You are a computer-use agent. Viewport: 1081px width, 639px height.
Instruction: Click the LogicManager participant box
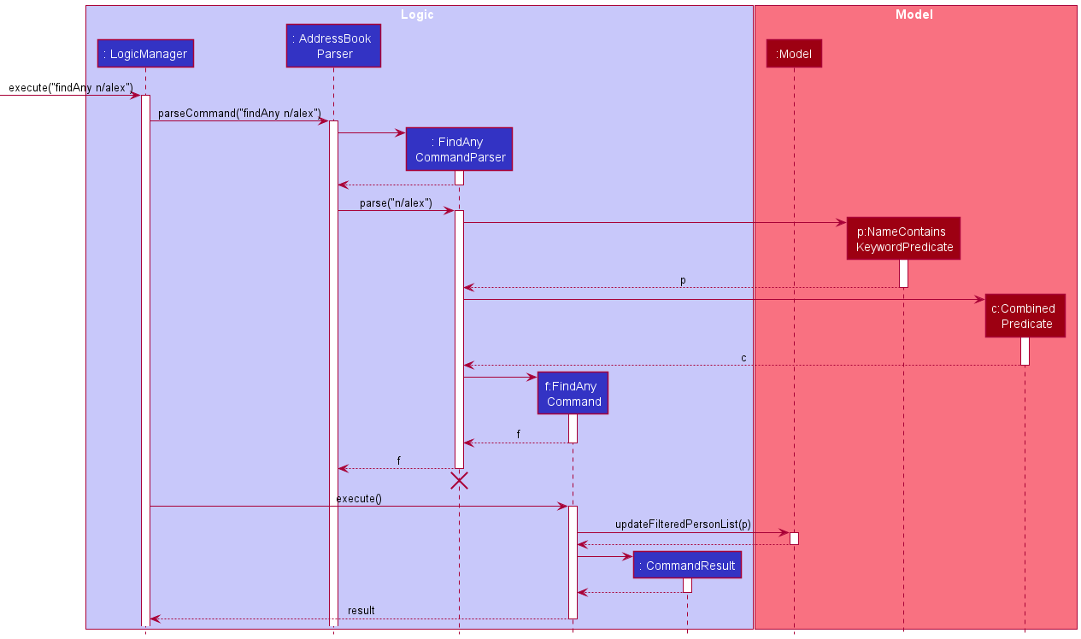click(145, 54)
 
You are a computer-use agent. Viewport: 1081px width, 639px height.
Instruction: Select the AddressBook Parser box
click(333, 46)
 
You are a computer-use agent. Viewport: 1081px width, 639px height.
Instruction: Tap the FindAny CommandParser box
click(460, 149)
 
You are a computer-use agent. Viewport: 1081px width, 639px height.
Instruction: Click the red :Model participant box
click(794, 54)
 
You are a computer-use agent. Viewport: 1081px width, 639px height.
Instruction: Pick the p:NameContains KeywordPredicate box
click(904, 239)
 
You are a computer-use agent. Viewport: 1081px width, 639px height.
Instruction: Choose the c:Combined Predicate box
click(1025, 316)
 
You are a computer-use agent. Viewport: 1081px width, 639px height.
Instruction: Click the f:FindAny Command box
click(573, 393)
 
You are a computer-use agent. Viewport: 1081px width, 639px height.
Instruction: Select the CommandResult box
click(687, 566)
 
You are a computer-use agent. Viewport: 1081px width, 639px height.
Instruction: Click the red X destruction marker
click(459, 481)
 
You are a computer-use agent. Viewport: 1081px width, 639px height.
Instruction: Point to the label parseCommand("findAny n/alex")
click(239, 113)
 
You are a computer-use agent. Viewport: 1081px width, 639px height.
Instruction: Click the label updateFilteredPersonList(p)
click(683, 524)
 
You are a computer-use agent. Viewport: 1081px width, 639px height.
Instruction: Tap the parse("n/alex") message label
click(396, 203)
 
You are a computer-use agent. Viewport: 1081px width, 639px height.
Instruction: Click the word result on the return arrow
click(361, 610)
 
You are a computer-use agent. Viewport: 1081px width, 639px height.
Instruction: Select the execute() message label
click(359, 498)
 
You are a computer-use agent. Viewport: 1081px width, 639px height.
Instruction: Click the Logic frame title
click(417, 15)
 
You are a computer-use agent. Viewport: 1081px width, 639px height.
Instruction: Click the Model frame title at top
click(914, 15)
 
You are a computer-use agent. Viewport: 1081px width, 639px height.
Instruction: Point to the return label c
click(743, 357)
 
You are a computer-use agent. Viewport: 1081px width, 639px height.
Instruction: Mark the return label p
click(682, 279)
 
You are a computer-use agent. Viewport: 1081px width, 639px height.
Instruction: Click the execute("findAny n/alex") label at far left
click(71, 87)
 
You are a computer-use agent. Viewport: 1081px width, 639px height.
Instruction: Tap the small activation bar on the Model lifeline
click(794, 538)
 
